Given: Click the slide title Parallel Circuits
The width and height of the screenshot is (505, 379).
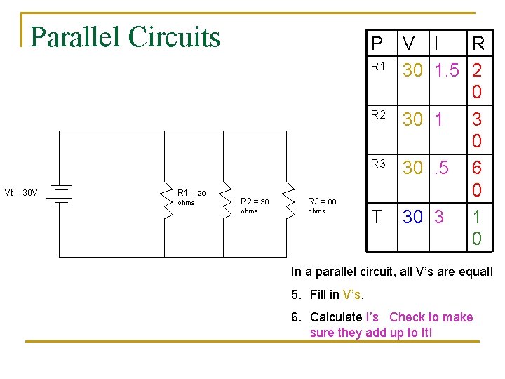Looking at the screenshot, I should tap(126, 37).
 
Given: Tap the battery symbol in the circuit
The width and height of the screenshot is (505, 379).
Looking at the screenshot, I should tap(62, 193).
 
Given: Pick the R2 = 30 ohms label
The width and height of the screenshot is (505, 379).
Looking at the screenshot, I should tap(254, 206).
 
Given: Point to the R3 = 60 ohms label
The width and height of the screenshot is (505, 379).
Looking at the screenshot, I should tap(322, 206).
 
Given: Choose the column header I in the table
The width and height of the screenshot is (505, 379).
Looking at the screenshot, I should tap(437, 44).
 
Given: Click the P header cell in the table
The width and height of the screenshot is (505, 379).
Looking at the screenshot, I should tap(377, 44).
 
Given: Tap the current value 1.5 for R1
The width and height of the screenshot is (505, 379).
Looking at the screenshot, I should tap(446, 71).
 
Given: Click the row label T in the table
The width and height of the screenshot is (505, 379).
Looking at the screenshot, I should tap(377, 217).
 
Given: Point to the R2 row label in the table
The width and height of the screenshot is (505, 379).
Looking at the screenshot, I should tap(378, 115).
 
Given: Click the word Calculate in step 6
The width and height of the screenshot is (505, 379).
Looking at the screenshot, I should tap(336, 317).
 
